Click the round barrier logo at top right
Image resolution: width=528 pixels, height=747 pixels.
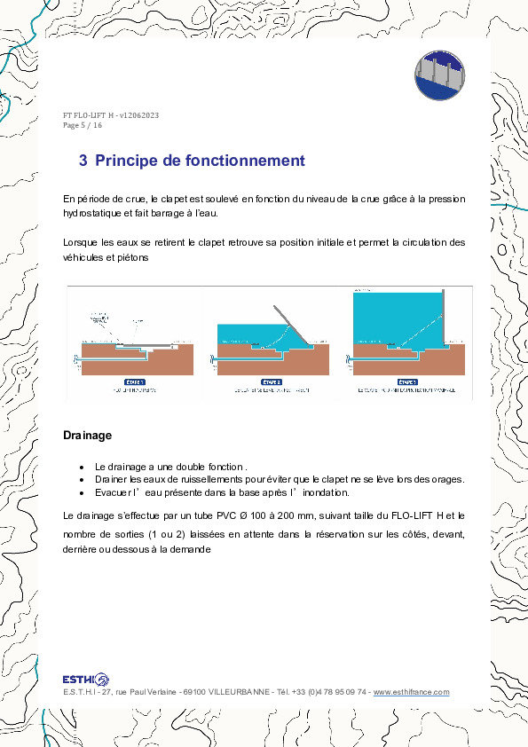click(441, 74)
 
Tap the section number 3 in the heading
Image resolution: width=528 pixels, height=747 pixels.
click(83, 161)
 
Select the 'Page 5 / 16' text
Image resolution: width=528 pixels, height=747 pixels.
click(83, 125)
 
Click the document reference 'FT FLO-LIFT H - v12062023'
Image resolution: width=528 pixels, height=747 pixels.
click(111, 116)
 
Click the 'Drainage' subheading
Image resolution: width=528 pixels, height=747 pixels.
click(87, 436)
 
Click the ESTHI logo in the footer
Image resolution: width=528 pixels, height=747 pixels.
click(86, 679)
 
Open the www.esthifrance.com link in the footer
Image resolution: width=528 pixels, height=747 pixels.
click(411, 692)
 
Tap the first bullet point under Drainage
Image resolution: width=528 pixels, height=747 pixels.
click(81, 467)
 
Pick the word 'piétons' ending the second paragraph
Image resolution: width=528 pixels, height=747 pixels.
click(129, 257)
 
